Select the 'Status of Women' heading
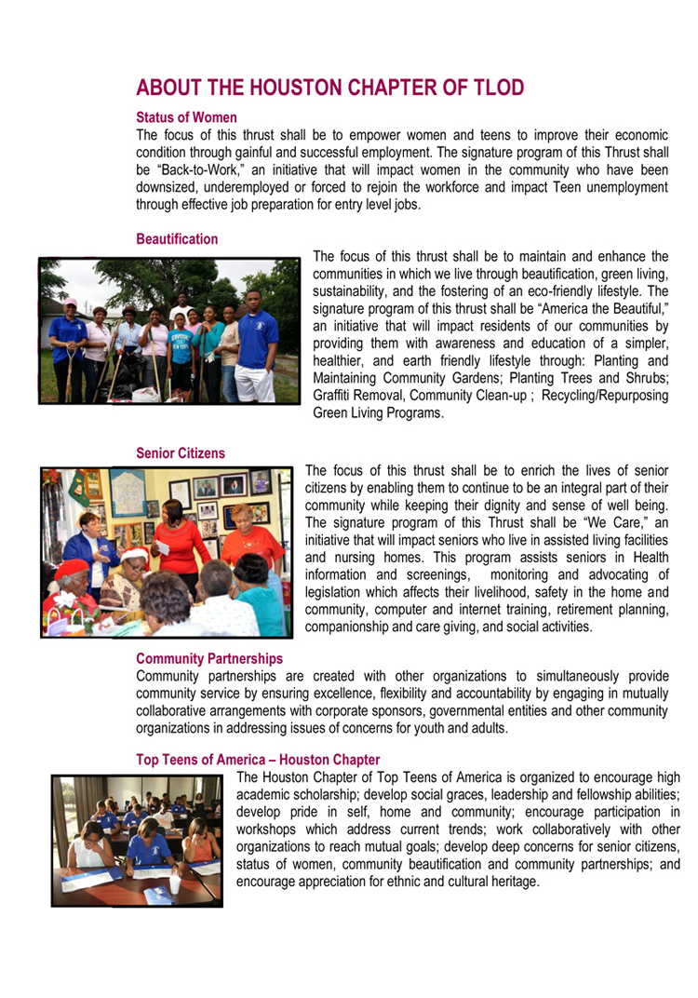(186, 118)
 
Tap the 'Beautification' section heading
(177, 239)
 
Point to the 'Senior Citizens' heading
(181, 453)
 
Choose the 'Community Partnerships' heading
(209, 659)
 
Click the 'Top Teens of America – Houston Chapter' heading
(258, 761)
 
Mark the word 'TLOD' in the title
(494, 88)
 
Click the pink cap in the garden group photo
(69, 303)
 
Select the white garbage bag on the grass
(144, 393)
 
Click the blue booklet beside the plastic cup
(158, 895)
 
